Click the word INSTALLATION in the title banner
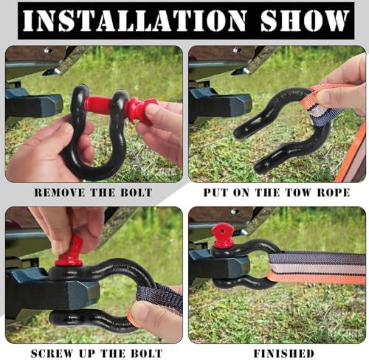click(x=134, y=21)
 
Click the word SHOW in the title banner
click(x=305, y=21)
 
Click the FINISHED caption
click(x=284, y=353)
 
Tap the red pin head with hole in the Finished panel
click(x=223, y=235)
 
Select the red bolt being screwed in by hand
click(x=69, y=253)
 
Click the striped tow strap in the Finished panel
click(x=317, y=268)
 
